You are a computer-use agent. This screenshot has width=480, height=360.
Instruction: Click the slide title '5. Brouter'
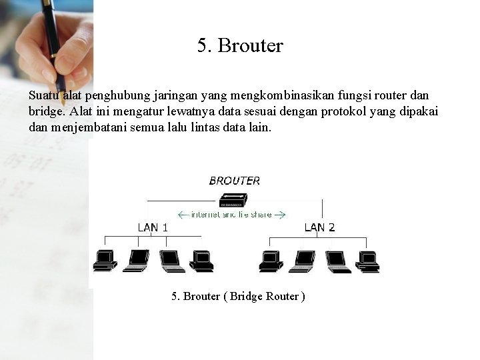pyautogui.click(x=240, y=45)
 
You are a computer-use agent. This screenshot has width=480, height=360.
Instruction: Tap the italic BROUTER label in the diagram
pyautogui.click(x=235, y=181)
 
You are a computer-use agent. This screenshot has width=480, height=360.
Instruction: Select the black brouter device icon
pyautogui.click(x=233, y=200)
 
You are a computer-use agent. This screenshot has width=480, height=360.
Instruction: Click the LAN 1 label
pyautogui.click(x=153, y=227)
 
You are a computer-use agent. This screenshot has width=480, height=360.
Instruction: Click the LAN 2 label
pyautogui.click(x=319, y=227)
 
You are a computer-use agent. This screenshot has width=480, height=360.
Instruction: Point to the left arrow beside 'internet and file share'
pyautogui.click(x=183, y=215)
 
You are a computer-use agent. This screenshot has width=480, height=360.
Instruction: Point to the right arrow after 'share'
pyautogui.click(x=280, y=215)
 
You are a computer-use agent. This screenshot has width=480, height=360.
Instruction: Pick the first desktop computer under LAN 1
pyautogui.click(x=105, y=261)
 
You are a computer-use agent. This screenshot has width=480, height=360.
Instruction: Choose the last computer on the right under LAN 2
pyautogui.click(x=367, y=262)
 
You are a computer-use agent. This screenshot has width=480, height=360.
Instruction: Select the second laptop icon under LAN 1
pyautogui.click(x=173, y=261)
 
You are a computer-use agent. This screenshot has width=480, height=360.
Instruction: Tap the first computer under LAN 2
pyautogui.click(x=271, y=261)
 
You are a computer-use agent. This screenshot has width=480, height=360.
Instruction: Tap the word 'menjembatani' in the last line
pyautogui.click(x=89, y=127)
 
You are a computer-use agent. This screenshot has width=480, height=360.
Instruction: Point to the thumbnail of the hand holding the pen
pyautogui.click(x=47, y=46)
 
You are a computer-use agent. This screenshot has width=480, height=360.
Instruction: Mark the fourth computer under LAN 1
pyautogui.click(x=201, y=261)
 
